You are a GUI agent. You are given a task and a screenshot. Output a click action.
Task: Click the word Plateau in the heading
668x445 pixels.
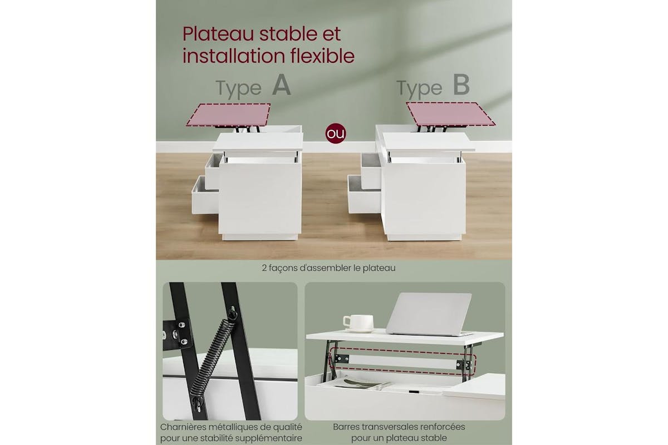[218, 34]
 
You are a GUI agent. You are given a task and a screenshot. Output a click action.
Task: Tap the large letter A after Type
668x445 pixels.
[281, 85]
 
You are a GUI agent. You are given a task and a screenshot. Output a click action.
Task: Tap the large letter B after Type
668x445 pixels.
[461, 85]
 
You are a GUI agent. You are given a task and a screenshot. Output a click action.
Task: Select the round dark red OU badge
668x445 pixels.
[336, 133]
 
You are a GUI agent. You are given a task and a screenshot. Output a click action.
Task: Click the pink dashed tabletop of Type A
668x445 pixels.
[229, 115]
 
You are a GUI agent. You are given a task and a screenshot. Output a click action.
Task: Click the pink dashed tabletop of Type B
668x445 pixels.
[450, 114]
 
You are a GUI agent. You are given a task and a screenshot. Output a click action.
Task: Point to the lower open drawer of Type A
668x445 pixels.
[205, 195]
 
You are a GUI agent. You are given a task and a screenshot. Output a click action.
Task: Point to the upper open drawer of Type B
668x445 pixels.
[371, 171]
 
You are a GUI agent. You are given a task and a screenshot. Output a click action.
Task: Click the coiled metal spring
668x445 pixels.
[212, 360]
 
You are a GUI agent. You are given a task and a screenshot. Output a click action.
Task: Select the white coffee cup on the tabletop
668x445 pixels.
[358, 323]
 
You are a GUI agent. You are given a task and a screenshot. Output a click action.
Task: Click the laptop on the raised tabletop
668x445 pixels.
[429, 314]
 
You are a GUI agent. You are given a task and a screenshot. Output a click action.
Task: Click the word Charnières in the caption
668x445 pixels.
[183, 427]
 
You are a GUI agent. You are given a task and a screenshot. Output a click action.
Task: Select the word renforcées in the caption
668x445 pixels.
[441, 427]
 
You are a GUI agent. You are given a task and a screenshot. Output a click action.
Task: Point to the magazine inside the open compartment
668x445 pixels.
[355, 384]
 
